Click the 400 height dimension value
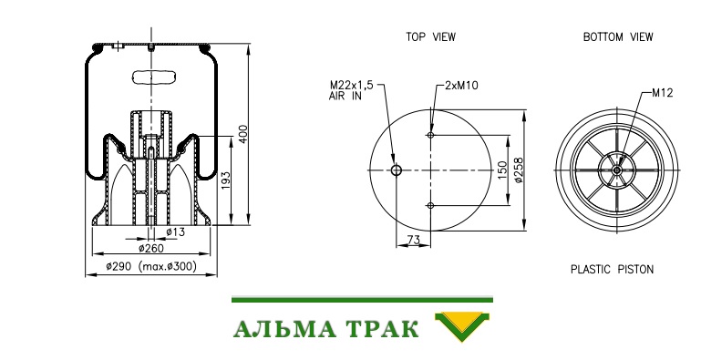(x=242, y=134)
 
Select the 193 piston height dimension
(x=226, y=180)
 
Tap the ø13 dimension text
(x=175, y=232)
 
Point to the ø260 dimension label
(x=151, y=248)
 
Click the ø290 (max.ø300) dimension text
(x=151, y=266)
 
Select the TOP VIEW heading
(x=430, y=36)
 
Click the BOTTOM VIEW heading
(x=618, y=36)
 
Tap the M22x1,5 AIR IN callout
(x=351, y=90)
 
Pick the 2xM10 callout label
(x=461, y=85)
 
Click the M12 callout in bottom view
(x=662, y=93)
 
